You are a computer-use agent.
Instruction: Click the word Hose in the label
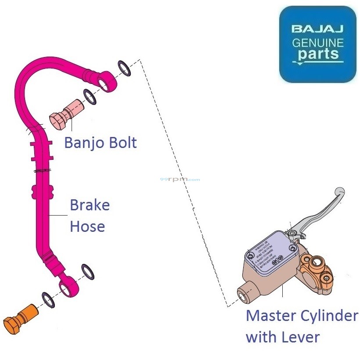(x=87, y=227)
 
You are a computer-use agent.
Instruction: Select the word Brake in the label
(x=90, y=205)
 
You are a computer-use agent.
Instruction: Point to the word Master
(x=272, y=316)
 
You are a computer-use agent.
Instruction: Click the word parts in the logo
(x=318, y=54)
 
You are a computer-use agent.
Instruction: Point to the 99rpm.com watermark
(x=180, y=180)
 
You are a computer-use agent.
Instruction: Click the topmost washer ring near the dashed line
(x=124, y=68)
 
